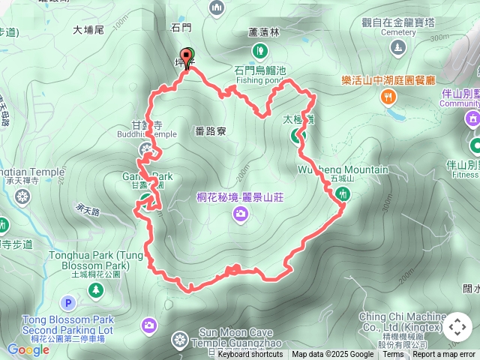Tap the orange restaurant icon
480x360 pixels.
pos(388,95)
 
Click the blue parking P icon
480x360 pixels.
pos(68,303)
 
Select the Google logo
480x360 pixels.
pos(28,349)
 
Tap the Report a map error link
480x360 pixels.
pos(443,355)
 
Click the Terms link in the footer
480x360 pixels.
pos(393,355)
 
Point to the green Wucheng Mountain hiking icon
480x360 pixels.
pos(342,193)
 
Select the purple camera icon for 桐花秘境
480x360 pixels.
pos(240,215)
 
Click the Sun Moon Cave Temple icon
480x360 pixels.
pos(180,340)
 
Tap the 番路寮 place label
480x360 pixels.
pos(209,130)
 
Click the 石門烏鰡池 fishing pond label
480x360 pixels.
pos(260,70)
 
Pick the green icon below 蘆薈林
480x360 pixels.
pos(260,50)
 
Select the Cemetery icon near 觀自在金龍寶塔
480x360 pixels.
pos(397,48)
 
